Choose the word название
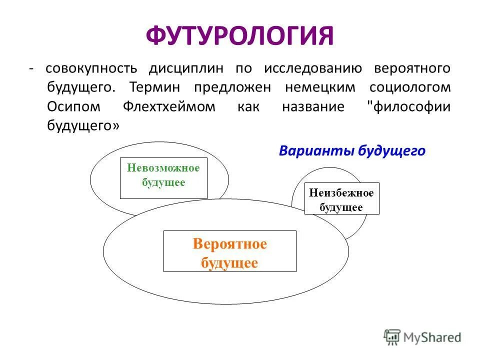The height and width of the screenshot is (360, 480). tap(313, 106)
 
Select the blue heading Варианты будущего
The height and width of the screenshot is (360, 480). tap(352, 151)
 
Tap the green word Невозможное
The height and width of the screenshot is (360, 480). tap(163, 168)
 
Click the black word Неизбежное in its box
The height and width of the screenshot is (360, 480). tap(341, 193)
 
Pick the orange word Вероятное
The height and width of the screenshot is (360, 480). tap(230, 244)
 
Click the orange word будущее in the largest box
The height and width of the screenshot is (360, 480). tap(229, 262)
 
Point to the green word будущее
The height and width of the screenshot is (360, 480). tap(163, 182)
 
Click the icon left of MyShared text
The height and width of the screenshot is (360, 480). tap(392, 337)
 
